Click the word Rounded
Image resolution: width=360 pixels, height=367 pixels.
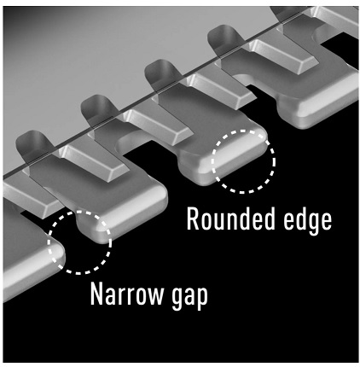[x=230, y=219]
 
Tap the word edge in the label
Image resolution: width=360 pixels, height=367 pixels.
[x=308, y=221]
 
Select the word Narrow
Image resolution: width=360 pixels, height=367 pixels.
[x=127, y=294]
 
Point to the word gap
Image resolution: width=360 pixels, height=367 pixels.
[x=189, y=296]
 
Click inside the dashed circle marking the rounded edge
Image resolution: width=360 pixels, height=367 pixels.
[x=243, y=161]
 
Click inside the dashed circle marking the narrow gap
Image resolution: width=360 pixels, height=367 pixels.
[x=79, y=242]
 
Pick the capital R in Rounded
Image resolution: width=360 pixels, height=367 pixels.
[x=194, y=219]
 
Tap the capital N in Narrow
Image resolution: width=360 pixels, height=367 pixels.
[x=97, y=294]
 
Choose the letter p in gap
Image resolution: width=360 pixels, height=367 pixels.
[x=202, y=299]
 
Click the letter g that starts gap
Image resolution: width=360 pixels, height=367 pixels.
[x=177, y=299]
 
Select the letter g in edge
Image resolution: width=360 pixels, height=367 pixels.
[x=308, y=224]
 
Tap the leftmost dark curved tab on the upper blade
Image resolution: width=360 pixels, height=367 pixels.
[x=32, y=143]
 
